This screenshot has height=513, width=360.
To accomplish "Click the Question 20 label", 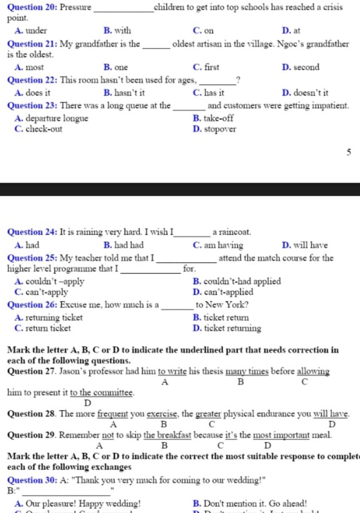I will (32, 7).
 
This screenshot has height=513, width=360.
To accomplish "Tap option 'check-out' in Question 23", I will (44, 129).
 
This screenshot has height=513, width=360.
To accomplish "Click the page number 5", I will (348, 152).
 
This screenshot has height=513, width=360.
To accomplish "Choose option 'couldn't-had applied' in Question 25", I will (242, 281).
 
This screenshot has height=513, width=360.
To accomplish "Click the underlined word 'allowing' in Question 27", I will (313, 371).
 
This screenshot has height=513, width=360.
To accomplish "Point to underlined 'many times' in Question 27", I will (247, 371).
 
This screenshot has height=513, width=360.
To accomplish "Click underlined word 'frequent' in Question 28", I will (112, 414).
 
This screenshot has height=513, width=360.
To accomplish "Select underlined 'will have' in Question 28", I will (331, 414).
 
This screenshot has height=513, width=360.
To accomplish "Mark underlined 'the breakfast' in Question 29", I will (167, 435).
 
